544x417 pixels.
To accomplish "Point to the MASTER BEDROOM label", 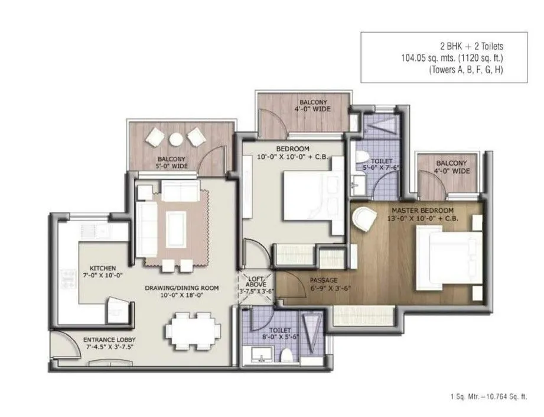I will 421,211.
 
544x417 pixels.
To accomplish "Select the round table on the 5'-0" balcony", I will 176,138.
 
